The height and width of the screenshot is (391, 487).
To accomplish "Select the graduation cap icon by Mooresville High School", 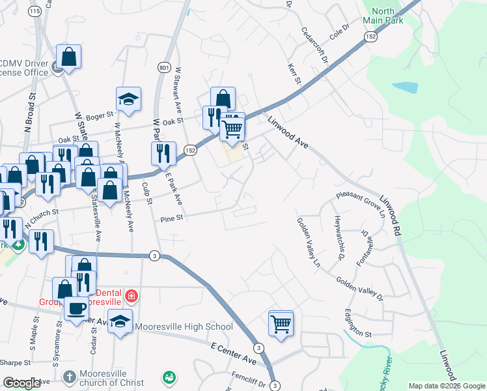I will point(120,322).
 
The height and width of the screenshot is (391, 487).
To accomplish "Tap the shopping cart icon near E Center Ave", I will point(281,323).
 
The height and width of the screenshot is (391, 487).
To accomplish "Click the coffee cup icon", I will point(77,308).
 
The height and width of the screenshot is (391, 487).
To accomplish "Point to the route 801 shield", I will point(163,67).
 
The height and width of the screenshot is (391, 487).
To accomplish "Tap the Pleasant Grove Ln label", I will point(361,194).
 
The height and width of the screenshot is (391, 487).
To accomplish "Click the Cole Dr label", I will point(340,32).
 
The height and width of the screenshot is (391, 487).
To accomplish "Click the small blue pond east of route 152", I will point(405,87).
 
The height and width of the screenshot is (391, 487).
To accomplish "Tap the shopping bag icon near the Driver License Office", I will point(68,57).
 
